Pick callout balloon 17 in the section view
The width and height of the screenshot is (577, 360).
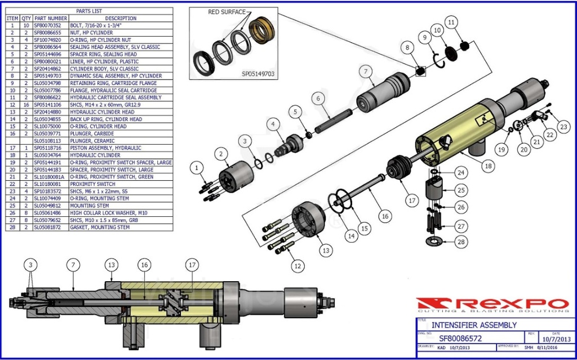pos(193,264)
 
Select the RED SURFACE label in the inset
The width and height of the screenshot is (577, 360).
pos(227,12)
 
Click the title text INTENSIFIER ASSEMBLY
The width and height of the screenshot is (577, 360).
pos(474,325)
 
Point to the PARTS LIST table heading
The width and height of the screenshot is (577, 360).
pos(89,11)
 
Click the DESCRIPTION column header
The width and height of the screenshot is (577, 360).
pos(121,18)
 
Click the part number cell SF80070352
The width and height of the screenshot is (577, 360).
pos(50,25)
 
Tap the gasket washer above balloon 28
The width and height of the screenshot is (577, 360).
pos(433,242)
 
